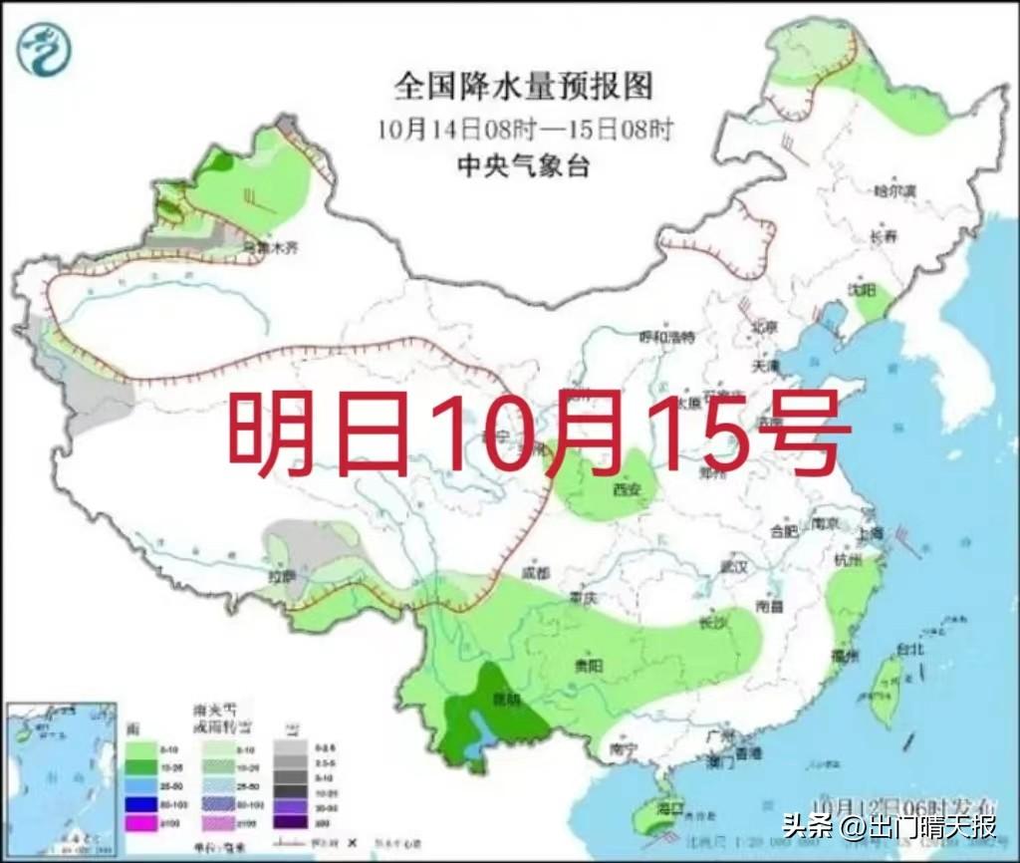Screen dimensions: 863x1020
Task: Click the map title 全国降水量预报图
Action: click(x=523, y=87)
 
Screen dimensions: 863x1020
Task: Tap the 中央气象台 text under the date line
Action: click(x=523, y=166)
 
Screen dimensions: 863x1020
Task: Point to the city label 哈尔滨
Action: click(x=893, y=189)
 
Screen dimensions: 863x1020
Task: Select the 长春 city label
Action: click(x=883, y=236)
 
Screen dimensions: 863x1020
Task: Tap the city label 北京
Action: click(x=764, y=326)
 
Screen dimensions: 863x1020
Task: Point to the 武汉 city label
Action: click(x=734, y=566)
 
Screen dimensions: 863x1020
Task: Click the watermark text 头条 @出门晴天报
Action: click(x=890, y=826)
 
